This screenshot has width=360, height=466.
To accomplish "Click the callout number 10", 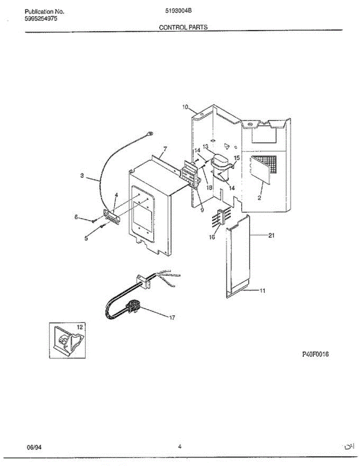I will point(185,107).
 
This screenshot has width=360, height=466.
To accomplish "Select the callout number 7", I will point(165,149).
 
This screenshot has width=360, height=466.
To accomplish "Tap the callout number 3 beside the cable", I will point(82,176).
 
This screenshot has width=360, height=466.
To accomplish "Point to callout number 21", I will point(271,235).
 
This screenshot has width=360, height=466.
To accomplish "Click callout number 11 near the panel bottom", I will point(262,291).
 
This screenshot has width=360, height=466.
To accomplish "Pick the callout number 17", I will point(172,318).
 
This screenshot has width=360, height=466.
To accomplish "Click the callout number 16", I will point(212,237).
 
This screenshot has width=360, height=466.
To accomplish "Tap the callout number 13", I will point(206,146).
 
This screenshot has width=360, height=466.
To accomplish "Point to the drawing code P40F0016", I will point(315,354).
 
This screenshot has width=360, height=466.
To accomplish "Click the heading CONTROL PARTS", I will point(183,28).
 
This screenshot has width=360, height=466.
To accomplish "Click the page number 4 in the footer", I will point(180,447).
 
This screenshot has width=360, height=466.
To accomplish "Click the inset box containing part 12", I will point(67,340).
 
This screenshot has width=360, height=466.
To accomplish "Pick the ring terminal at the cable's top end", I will point(151,134).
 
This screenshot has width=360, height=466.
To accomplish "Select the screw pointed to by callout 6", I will point(94,221).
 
